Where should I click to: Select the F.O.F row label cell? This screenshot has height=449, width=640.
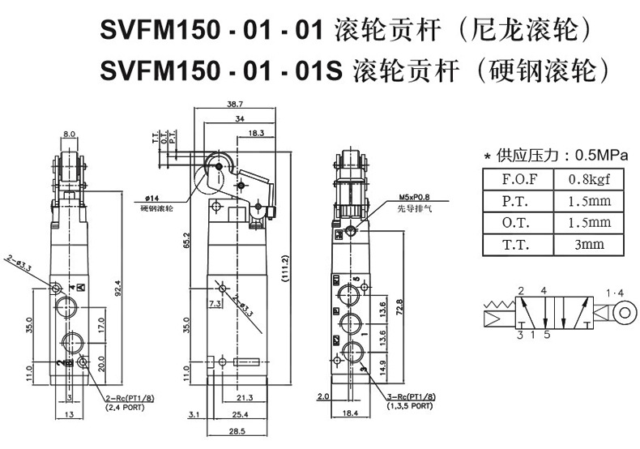pyautogui.click(x=517, y=178)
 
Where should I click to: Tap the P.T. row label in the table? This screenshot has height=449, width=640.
pyautogui.click(x=517, y=200)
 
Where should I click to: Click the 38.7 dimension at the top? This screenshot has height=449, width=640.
pyautogui.click(x=235, y=105)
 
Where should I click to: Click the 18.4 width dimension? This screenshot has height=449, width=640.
pyautogui.click(x=351, y=414)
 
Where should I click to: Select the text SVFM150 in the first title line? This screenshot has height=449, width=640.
pyautogui.click(x=156, y=33)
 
